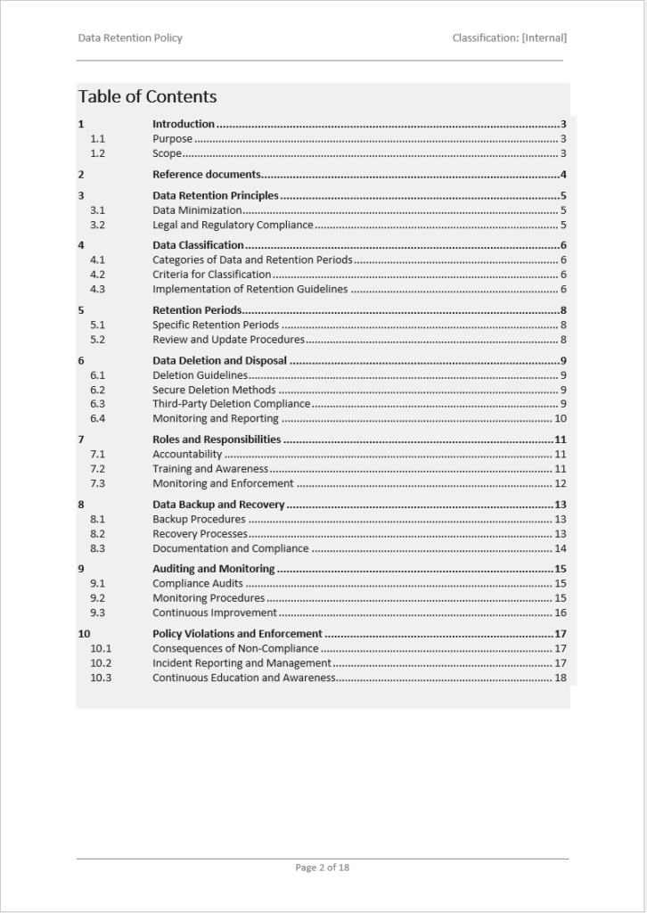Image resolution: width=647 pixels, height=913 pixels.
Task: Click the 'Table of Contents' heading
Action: click(147, 96)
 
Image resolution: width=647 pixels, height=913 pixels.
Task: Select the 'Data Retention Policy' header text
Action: click(130, 37)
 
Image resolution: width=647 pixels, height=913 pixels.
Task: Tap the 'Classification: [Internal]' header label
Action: click(509, 37)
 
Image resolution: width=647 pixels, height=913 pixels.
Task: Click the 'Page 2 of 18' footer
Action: click(323, 867)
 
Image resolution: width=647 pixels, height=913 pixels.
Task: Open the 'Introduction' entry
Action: click(184, 124)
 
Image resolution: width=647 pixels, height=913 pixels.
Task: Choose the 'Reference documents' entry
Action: click(206, 175)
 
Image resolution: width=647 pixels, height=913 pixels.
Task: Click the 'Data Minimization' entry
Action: click(197, 210)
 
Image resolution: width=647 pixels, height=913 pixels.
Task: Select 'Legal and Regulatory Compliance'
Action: click(233, 225)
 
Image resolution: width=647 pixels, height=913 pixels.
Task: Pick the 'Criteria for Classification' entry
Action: click(211, 275)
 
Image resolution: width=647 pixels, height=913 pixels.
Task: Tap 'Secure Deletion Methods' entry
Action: click(214, 390)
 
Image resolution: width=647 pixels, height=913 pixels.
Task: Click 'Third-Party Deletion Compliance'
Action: click(231, 404)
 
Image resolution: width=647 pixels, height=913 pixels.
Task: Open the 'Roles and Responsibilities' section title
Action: click(217, 440)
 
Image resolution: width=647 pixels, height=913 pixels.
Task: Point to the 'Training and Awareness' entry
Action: click(210, 469)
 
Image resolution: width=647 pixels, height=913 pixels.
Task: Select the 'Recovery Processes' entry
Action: click(200, 534)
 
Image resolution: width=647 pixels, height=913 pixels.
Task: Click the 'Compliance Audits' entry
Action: click(197, 584)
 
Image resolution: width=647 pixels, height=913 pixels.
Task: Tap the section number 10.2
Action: click(101, 663)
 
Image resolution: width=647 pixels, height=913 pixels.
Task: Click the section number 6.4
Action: click(97, 418)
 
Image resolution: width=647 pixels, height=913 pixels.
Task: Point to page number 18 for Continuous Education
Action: click(561, 678)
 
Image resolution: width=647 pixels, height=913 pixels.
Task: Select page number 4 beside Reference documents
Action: click(563, 175)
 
